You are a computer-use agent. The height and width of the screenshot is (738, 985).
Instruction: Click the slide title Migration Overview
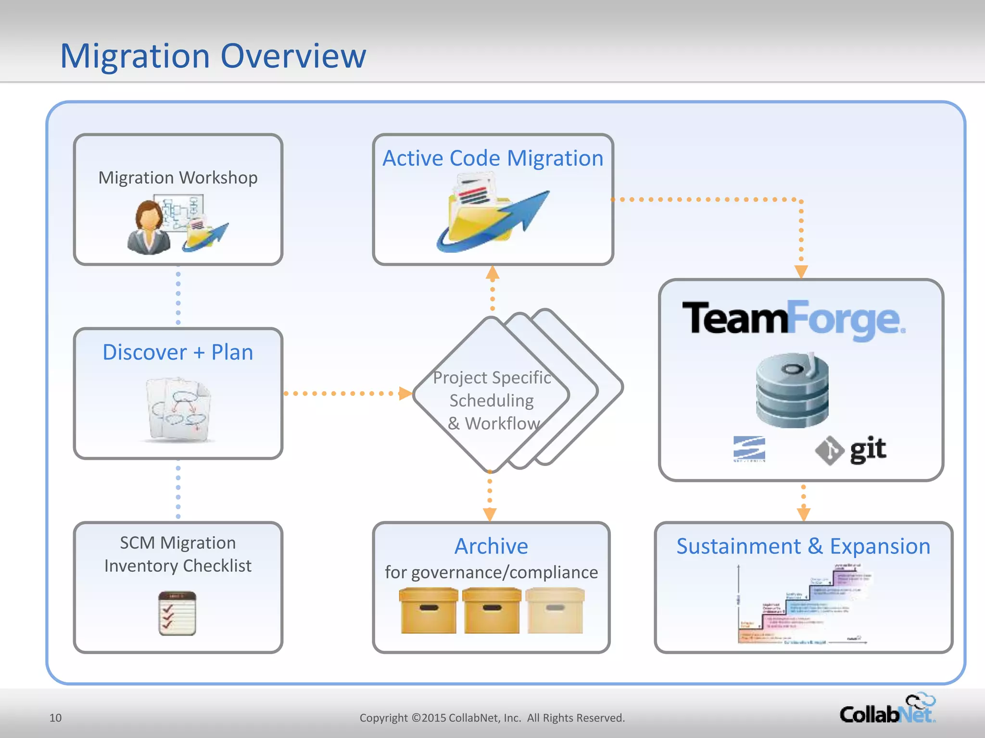coord(213,56)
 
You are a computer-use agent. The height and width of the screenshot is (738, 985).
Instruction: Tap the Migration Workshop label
coord(178,178)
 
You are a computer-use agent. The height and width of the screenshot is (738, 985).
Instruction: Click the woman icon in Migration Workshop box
coord(149,228)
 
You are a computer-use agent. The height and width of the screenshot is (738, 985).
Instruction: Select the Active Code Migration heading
coord(492,159)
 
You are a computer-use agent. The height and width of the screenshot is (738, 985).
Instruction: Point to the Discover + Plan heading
coord(178,352)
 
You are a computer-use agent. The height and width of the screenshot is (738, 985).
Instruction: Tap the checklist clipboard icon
coord(177,613)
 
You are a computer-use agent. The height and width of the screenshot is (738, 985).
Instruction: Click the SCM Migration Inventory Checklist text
coord(178,554)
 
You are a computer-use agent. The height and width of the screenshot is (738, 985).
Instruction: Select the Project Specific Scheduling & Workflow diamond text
coord(492,400)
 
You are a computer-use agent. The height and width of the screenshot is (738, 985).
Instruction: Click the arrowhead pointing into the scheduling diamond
coord(405,394)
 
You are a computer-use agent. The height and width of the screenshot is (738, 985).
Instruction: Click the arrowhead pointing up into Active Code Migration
coord(492,273)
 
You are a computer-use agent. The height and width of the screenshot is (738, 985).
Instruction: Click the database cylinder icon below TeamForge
coord(792,390)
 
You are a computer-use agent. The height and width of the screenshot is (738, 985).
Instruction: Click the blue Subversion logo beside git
coord(749,449)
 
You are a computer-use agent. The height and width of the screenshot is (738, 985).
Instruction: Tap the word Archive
coord(491,546)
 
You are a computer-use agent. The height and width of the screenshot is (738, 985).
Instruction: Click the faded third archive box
coord(555,611)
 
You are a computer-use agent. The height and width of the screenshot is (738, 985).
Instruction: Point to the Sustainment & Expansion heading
coord(803,546)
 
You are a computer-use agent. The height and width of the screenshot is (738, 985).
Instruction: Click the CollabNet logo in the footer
coord(887,710)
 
